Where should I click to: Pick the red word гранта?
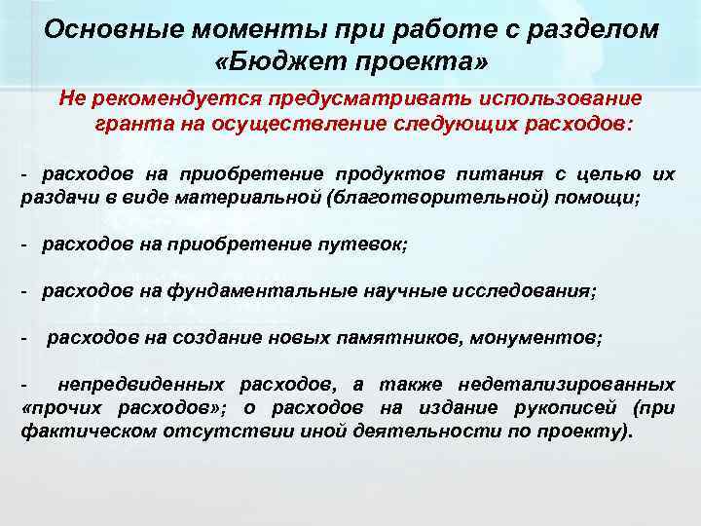[129, 125]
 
